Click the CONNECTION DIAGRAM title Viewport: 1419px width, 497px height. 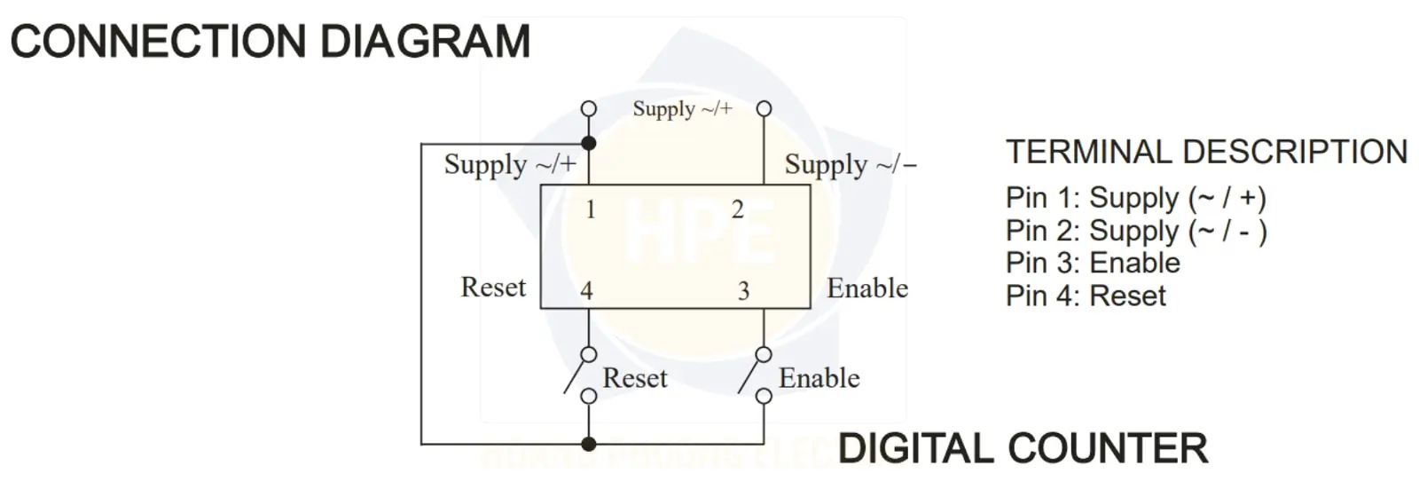pyautogui.click(x=270, y=41)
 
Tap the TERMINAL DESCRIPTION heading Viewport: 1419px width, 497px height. pyautogui.click(x=1207, y=152)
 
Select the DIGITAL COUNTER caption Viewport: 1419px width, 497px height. pyautogui.click(x=1023, y=449)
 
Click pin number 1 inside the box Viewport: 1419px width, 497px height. pyautogui.click(x=591, y=209)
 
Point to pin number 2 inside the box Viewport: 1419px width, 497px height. pyautogui.click(x=737, y=209)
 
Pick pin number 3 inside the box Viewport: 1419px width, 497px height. pyautogui.click(x=744, y=291)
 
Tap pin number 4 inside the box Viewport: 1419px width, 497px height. pyautogui.click(x=586, y=291)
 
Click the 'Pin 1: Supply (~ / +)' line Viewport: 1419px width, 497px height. pyautogui.click(x=1136, y=199)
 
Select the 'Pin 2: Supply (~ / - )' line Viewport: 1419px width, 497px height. pyautogui.click(x=1136, y=232)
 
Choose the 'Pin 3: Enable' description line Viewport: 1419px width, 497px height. pyautogui.click(x=1094, y=263)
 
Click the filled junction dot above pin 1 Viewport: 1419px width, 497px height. pyautogui.click(x=589, y=143)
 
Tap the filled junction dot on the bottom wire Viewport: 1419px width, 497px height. pyautogui.click(x=589, y=444)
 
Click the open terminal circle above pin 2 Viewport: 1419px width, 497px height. pyautogui.click(x=764, y=108)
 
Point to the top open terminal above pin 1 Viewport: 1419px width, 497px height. pyautogui.click(x=589, y=108)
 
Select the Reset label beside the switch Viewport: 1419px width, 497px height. pyautogui.click(x=635, y=378)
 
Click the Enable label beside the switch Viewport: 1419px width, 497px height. pyautogui.click(x=819, y=378)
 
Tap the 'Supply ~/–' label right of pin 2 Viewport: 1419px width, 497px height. pyautogui.click(x=851, y=165)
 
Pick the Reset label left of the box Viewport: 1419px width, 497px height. pyautogui.click(x=493, y=288)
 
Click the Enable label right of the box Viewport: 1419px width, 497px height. pyautogui.click(x=867, y=288)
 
